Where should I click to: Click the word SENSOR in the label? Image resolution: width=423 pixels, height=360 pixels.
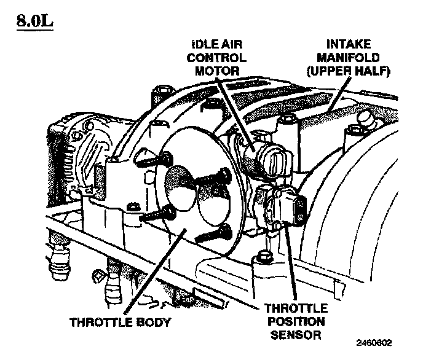296,335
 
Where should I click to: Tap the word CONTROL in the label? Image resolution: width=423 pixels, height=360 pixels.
216,58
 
